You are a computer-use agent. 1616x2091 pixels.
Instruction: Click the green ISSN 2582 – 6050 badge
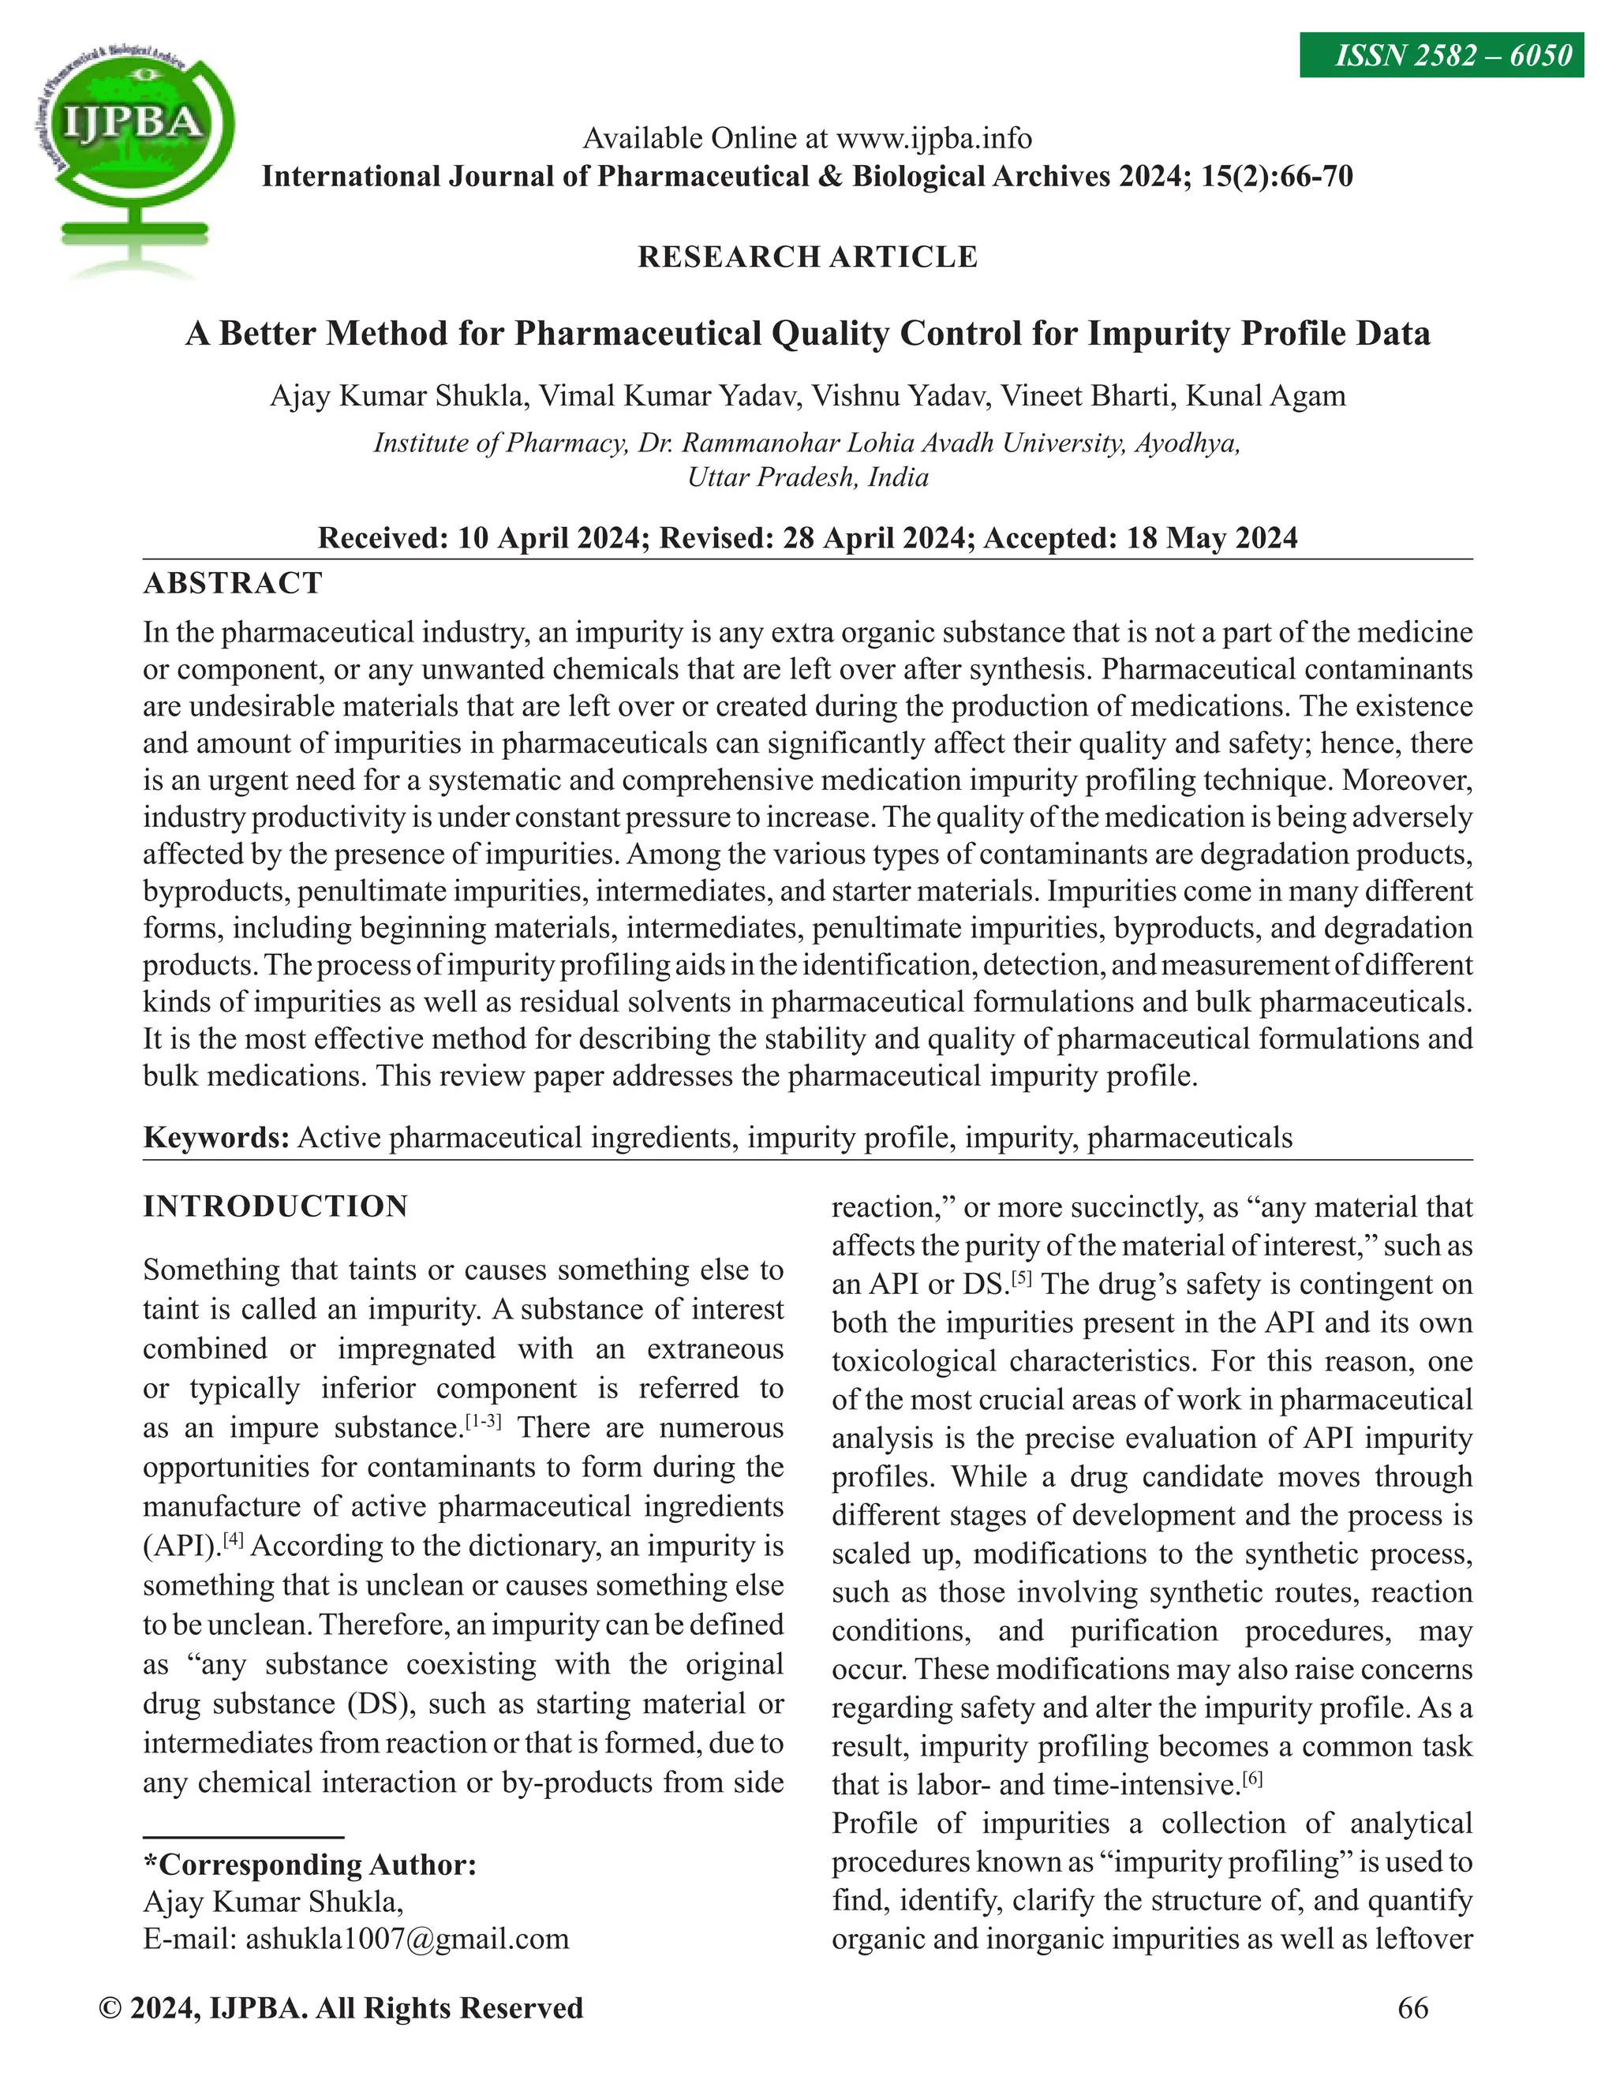(x=1441, y=55)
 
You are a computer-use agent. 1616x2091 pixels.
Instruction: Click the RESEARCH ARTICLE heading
(x=807, y=256)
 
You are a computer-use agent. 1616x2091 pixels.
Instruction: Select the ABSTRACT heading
(x=233, y=583)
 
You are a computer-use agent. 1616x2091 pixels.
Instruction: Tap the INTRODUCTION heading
(x=275, y=1206)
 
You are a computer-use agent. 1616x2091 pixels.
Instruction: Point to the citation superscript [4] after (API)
(x=234, y=1539)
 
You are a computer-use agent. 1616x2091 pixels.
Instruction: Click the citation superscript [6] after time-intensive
(x=1252, y=1779)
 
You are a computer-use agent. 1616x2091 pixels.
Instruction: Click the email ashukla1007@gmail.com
(x=407, y=1939)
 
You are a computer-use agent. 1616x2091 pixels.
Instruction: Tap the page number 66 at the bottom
(x=1413, y=2007)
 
